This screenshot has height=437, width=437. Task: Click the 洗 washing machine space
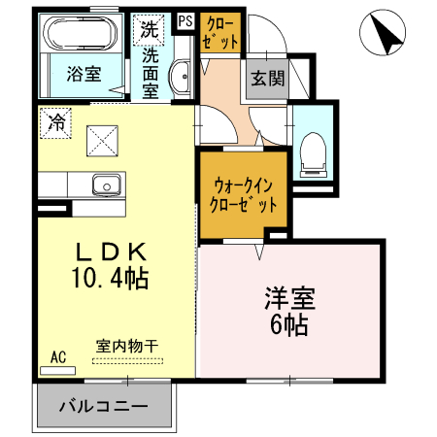click(150, 29)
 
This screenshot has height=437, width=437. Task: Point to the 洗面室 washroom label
click(151, 73)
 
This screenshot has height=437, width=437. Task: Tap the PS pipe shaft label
click(185, 21)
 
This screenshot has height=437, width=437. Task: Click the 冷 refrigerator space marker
click(56, 122)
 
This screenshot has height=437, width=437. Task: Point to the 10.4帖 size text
click(108, 279)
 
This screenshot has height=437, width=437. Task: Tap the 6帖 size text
click(290, 325)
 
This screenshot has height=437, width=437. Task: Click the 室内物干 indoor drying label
click(127, 345)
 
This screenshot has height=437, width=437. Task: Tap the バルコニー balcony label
click(105, 405)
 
